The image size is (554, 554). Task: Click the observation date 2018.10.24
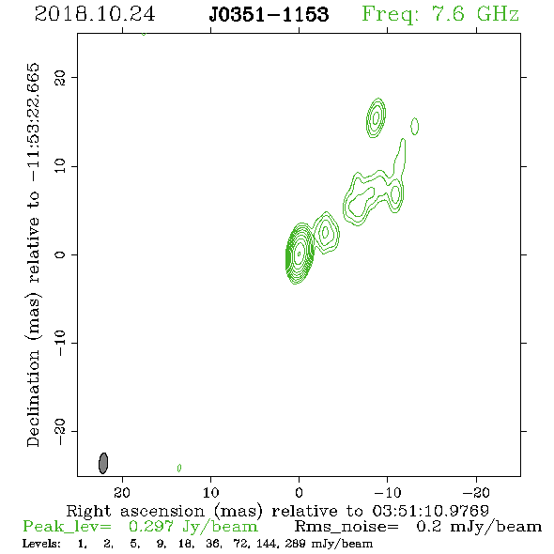click(x=95, y=14)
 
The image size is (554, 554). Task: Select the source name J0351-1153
click(x=269, y=14)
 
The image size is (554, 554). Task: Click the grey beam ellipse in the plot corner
click(x=103, y=463)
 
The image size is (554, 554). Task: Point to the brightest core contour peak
click(x=300, y=254)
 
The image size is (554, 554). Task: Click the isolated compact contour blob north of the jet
click(x=376, y=117)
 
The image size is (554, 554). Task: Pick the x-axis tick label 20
click(x=122, y=492)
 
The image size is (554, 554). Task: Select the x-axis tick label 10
click(x=210, y=492)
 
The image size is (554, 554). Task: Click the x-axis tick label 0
click(x=299, y=492)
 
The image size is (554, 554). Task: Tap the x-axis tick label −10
click(x=388, y=492)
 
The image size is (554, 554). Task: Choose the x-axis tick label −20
click(x=476, y=492)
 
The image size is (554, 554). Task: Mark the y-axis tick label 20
click(x=60, y=77)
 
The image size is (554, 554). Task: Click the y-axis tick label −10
click(x=60, y=343)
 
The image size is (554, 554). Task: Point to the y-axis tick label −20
click(x=60, y=431)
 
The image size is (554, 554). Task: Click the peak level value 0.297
click(x=151, y=527)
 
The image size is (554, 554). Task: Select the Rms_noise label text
click(x=346, y=527)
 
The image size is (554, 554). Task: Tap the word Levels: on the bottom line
click(x=41, y=544)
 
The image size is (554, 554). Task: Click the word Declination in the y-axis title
click(x=33, y=398)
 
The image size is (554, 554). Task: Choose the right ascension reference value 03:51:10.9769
click(x=431, y=511)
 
